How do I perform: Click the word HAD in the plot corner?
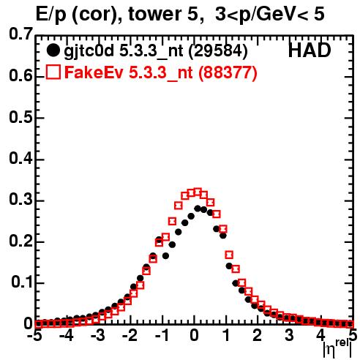pos(310,50)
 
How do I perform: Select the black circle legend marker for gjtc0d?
pos(53,50)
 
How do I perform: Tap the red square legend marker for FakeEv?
pos(53,72)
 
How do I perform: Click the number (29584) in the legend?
pos(218,51)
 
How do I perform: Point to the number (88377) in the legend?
pos(228,72)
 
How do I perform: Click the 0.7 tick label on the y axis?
pos(20,34)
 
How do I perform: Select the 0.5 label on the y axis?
pos(20,118)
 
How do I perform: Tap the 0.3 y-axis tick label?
pos(20,200)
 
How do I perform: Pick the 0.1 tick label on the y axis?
pos(22,282)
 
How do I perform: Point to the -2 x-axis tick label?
pos(130,335)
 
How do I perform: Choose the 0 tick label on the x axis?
pos(194,335)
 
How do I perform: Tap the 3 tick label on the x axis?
pos(289,335)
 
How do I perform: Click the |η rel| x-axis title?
pos(337,348)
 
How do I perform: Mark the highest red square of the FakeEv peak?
pos(198,192)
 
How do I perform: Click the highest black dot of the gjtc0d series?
pos(198,209)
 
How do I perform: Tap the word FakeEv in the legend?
pos(94,72)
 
